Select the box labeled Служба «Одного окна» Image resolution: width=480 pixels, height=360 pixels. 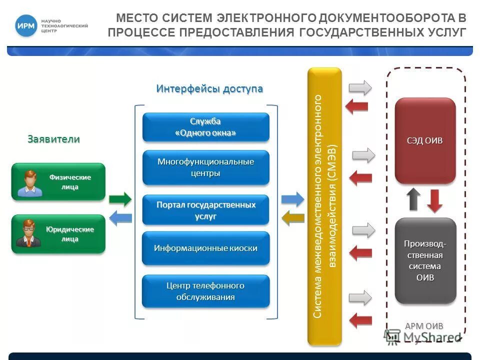[205, 127]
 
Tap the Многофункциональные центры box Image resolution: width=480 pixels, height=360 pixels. [205, 167]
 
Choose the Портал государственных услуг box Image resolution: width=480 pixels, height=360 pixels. [205, 210]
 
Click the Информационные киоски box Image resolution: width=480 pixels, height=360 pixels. [205, 248]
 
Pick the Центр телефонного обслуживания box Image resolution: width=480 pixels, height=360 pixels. [205, 291]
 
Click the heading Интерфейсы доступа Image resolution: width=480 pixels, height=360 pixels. [209, 88]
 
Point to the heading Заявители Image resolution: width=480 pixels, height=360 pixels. [53, 139]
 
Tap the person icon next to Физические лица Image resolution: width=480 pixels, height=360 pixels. [28, 183]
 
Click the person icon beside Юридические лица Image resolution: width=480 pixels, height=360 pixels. [28, 233]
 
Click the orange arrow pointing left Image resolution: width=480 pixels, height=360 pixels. [293, 217]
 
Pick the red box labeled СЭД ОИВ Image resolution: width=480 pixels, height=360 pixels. [425, 140]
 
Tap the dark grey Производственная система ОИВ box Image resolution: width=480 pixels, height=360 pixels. [425, 260]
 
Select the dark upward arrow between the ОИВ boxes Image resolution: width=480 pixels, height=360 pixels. [414, 199]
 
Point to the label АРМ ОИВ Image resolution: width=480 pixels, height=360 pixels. [423, 326]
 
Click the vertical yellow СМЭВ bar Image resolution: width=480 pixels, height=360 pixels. [324, 206]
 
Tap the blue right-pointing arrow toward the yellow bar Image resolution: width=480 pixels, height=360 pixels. [292, 199]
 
